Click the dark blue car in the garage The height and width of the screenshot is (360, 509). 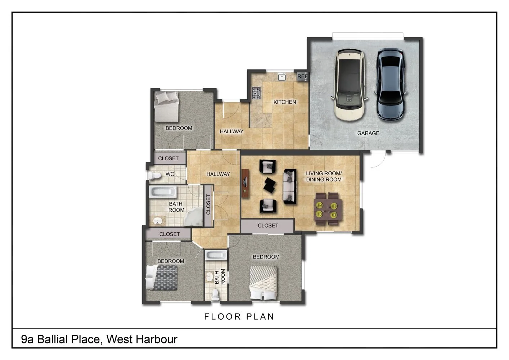(x=391, y=84)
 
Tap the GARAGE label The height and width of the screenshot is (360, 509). (x=368, y=133)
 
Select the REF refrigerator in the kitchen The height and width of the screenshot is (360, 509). (x=302, y=76)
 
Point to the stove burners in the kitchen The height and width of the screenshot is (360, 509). (x=256, y=93)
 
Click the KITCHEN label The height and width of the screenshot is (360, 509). (x=284, y=102)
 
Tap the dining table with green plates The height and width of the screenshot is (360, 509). (x=328, y=209)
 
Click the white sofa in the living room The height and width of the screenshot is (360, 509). (x=289, y=186)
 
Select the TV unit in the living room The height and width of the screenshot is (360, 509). (x=246, y=183)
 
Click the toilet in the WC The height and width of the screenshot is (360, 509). (x=154, y=175)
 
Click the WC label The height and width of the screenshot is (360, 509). (x=170, y=174)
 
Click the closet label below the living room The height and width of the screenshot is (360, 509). (x=268, y=225)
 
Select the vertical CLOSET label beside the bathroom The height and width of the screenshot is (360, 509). (x=208, y=204)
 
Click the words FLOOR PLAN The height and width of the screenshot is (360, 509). (x=239, y=316)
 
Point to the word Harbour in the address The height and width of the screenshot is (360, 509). (x=157, y=339)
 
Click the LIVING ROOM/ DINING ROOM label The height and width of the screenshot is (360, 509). (x=324, y=176)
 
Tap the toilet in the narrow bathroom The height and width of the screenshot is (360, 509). (x=215, y=294)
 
